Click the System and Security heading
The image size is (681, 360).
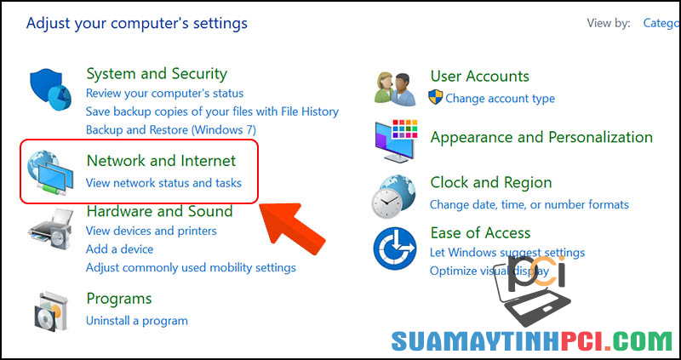(x=157, y=74)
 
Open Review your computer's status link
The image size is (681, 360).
(x=164, y=94)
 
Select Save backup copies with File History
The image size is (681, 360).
(x=212, y=111)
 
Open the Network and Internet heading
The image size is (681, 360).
(x=161, y=161)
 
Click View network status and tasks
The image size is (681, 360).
(x=163, y=183)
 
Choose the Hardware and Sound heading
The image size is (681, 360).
(x=159, y=211)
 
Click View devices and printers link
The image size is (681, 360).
(x=152, y=231)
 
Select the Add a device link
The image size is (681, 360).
(x=120, y=249)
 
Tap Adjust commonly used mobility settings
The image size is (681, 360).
(x=191, y=267)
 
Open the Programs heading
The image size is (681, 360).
(x=119, y=299)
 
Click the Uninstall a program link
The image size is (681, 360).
(x=137, y=321)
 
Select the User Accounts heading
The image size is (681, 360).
(x=479, y=77)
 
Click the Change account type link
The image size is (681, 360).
(x=500, y=99)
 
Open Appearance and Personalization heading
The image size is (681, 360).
(x=541, y=137)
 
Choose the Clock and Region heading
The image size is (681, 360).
(x=491, y=183)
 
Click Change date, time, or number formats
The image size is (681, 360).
(x=529, y=204)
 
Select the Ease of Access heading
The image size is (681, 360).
(x=480, y=233)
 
